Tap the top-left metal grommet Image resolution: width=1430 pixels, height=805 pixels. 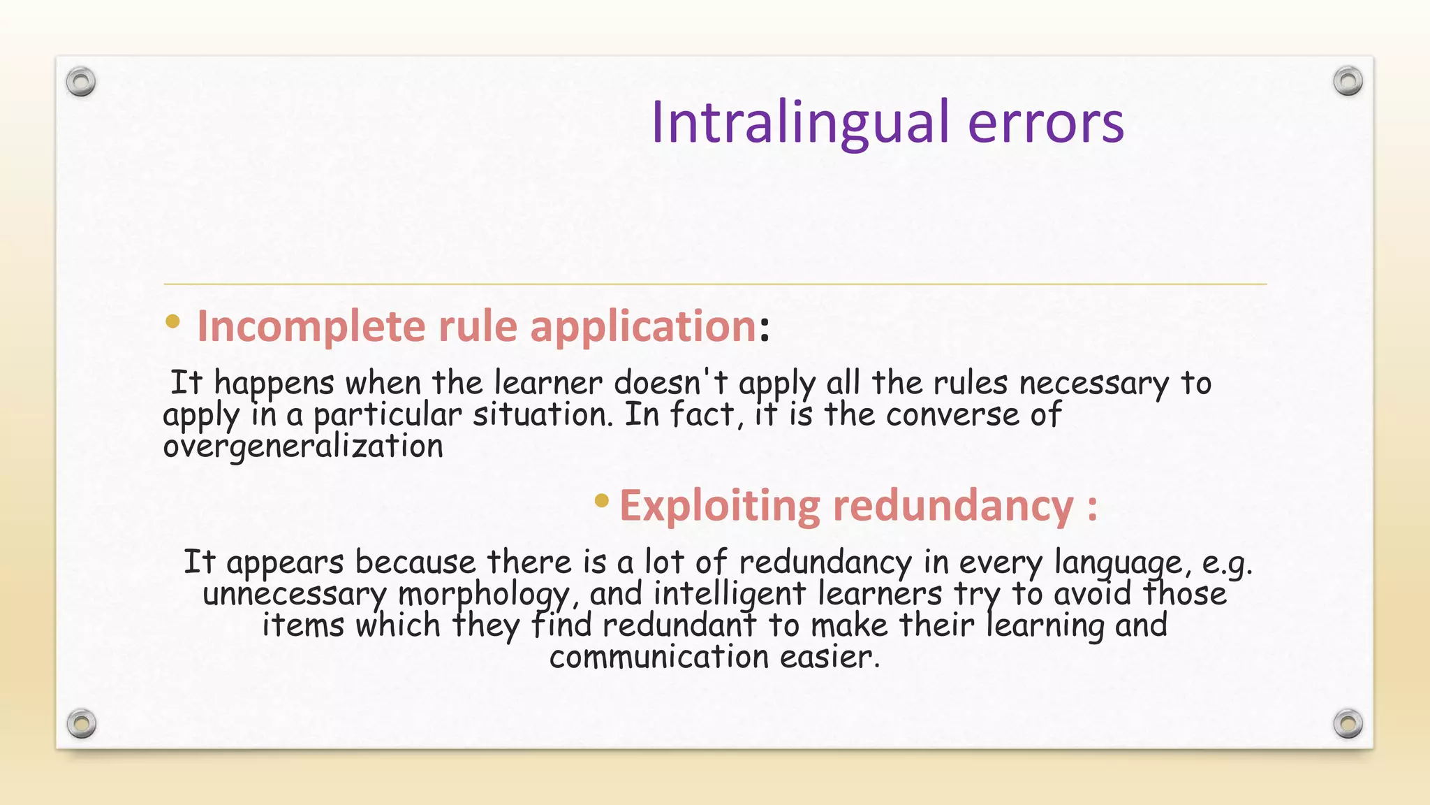(81, 82)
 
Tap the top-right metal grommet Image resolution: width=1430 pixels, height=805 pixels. (1348, 81)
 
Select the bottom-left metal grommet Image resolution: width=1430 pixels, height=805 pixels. (82, 723)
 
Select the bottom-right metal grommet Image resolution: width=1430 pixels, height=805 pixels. (1348, 723)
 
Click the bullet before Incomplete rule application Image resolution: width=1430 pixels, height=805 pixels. (172, 322)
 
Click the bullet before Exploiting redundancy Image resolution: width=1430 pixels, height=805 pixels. (601, 500)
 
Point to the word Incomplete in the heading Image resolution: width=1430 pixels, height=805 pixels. (311, 326)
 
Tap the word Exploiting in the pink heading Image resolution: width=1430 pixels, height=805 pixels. (719, 505)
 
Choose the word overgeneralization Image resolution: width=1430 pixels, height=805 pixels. (303, 447)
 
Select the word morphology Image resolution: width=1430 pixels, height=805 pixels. (484, 595)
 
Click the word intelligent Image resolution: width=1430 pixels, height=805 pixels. (729, 594)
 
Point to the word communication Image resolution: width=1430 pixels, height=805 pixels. (658, 657)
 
